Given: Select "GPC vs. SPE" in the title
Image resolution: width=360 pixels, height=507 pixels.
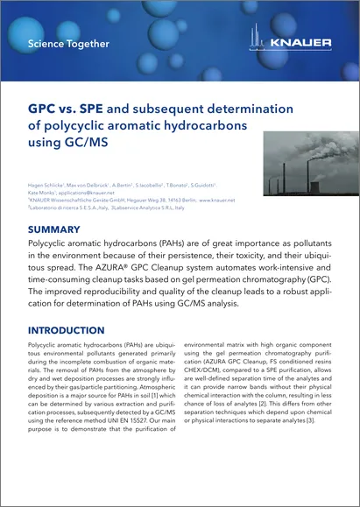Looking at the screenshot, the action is [67, 111].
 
